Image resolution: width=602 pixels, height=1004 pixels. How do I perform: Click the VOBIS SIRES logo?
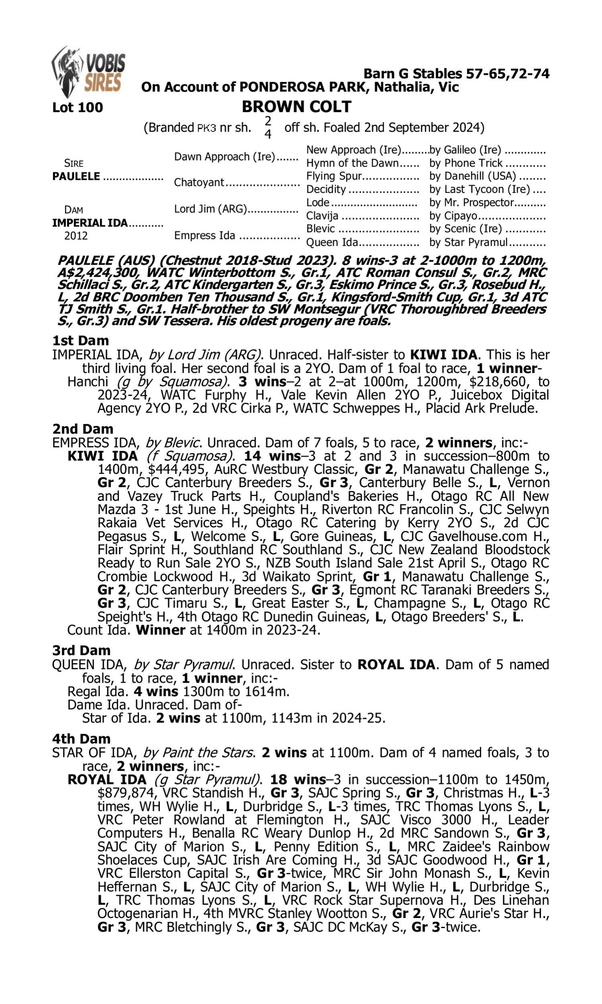point(88,72)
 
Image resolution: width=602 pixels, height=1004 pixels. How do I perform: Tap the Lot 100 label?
point(77,108)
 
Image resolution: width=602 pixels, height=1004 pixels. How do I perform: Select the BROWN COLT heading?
point(297,107)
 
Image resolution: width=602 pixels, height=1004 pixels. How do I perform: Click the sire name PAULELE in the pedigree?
point(76,177)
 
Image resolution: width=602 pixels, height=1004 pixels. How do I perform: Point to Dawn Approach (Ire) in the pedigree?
point(224,157)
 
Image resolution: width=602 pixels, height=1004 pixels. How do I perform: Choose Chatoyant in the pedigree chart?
point(199,183)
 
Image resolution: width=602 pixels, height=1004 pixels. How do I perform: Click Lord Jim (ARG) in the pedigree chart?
point(211,209)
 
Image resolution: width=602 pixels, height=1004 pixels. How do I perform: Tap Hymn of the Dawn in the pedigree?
point(352,163)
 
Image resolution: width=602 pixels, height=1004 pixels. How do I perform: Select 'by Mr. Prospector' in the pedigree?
point(472,202)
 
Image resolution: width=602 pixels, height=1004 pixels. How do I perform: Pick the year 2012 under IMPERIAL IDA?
point(76,236)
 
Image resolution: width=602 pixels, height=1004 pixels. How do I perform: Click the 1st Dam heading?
point(81,341)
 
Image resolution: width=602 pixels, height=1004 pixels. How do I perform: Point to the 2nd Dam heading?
point(83,429)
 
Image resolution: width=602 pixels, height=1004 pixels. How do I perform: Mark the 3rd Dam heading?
point(81,651)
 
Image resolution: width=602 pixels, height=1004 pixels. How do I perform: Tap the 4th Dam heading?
point(81,739)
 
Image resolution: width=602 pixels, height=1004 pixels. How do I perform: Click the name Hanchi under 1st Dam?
point(87,382)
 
